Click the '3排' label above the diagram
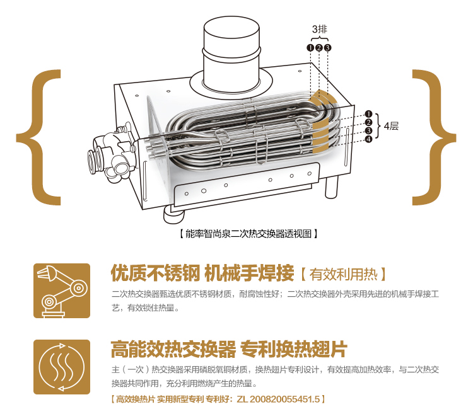coord(320,29)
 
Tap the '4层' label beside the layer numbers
coord(391,126)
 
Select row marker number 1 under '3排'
coord(310,48)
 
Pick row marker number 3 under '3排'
coord(327,48)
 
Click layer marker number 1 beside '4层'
coord(369,114)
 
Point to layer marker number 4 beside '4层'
coord(369,139)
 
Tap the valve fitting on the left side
coord(111,152)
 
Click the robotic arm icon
coord(62,290)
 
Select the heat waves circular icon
coord(62,367)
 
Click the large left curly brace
coord(38,137)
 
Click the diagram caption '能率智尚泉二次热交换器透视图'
coord(248,233)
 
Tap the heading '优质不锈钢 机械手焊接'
coord(202,273)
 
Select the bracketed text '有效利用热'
coord(343,274)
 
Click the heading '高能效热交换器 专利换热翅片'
coord(229,349)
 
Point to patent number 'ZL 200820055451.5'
coord(278,399)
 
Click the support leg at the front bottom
coord(174,214)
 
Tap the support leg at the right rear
coord(332,187)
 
